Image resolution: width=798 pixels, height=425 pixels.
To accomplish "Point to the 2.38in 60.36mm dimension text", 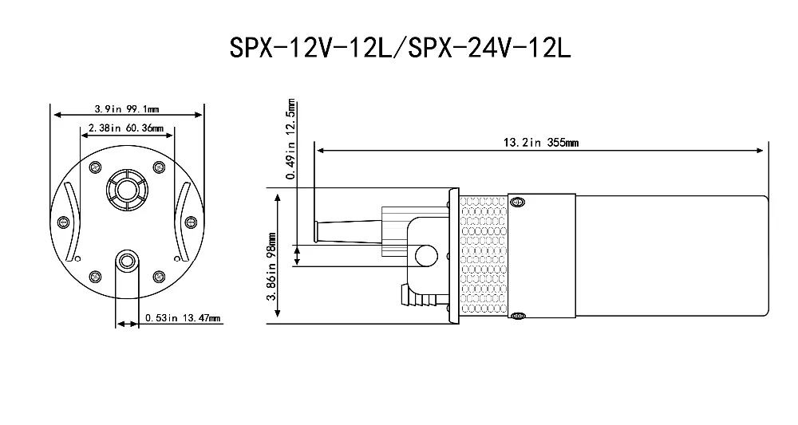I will click(x=125, y=128).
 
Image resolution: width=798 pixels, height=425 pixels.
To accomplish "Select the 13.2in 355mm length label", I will click(x=540, y=144).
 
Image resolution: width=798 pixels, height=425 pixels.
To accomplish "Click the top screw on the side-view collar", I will click(x=519, y=200).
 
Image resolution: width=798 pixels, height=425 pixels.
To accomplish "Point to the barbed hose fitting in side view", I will click(x=417, y=300).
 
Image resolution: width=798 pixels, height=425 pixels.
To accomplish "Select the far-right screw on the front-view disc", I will click(x=190, y=222).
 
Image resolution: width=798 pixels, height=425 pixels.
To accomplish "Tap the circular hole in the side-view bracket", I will click(x=425, y=255).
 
